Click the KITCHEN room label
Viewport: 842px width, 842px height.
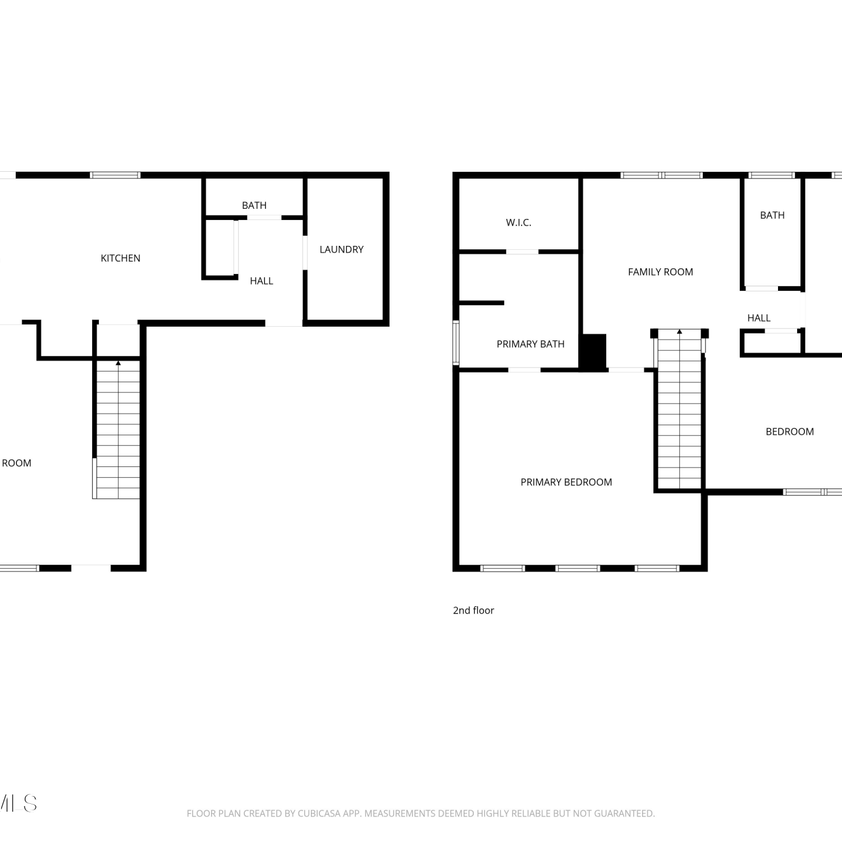tap(120, 258)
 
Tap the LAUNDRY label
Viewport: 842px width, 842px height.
tap(341, 249)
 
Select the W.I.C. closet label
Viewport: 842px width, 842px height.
tap(518, 223)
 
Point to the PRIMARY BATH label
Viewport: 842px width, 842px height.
tap(530, 344)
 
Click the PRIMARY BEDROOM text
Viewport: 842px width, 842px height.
tap(566, 482)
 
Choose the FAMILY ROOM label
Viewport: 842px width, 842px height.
tap(660, 272)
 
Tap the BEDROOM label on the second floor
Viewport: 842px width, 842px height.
tap(789, 432)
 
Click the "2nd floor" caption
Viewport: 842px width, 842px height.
tap(473, 610)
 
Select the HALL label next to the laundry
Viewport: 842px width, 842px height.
tap(261, 281)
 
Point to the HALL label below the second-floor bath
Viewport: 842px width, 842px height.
tap(758, 318)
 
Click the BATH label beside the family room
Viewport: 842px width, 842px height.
tap(772, 216)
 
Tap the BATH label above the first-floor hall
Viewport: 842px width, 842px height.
tap(254, 206)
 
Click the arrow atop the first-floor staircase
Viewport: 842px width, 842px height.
tap(118, 364)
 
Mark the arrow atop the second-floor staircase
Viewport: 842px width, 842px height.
tap(679, 332)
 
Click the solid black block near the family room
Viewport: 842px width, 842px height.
tap(593, 352)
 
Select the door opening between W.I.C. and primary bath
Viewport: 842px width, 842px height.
tap(522, 252)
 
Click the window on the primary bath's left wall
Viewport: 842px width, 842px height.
tap(456, 342)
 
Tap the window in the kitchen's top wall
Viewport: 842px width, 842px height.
tap(115, 175)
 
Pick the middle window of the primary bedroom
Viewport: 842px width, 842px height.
tap(578, 569)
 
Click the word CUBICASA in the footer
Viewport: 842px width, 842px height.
tap(319, 813)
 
